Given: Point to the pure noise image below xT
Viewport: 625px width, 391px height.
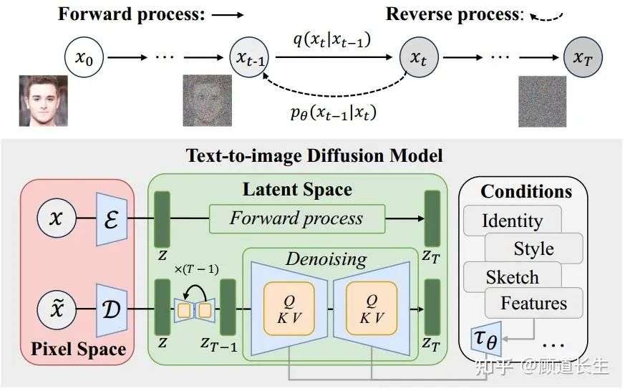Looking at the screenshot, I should coord(542,101).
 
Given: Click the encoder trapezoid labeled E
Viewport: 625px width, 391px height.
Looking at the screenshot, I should coord(112,218).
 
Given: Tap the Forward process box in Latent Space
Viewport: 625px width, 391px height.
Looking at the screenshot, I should coord(296,218).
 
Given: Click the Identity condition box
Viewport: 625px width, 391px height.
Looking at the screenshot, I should coord(512,221).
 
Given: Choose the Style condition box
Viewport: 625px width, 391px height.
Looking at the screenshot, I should coord(533,248).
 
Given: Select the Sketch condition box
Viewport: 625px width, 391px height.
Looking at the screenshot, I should coord(512,276).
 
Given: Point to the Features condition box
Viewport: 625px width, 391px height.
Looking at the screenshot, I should coord(533,303).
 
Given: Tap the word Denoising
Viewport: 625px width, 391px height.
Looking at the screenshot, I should coord(326,259).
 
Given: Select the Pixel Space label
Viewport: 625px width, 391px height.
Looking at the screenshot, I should coord(78,349).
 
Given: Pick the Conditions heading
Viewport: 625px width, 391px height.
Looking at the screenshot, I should coord(526,191).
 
